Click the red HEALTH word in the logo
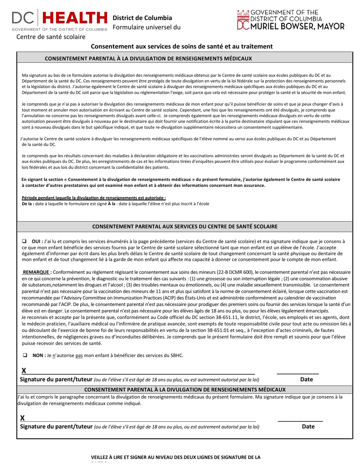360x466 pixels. (x=74, y=18)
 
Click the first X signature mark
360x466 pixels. (x=23, y=371)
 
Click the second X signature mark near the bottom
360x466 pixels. (x=22, y=418)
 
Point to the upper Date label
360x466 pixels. (x=307, y=379)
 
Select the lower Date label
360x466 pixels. (x=308, y=426)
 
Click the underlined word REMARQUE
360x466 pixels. (x=37, y=272)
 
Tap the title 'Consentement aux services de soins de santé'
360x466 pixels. (x=182, y=46)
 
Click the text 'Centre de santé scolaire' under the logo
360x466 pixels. (x=51, y=37)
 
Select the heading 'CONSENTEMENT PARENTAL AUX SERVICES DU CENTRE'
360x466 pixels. (x=185, y=227)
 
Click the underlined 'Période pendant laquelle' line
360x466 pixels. (x=94, y=198)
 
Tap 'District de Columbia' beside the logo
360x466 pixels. (x=142, y=18)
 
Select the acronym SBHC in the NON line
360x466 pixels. (x=176, y=355)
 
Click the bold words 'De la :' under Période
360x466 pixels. (x=28, y=203)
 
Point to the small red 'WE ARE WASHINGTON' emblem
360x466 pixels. (x=243, y=15)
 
